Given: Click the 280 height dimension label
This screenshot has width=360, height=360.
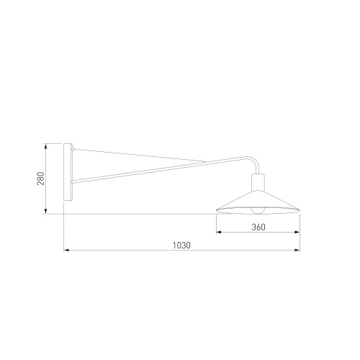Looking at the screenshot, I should pos(41,179).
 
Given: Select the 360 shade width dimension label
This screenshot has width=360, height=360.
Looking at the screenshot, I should pos(259,227).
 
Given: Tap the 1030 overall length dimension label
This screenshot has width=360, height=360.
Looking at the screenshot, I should pos(181,245).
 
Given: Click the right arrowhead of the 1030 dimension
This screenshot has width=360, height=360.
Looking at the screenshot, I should pos(298,251).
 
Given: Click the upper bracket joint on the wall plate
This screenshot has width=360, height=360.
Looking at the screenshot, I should pos(73,150).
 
